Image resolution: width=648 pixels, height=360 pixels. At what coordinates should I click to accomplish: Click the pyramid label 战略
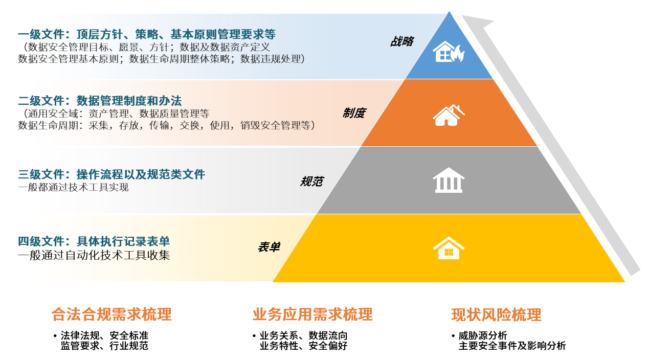tap(402, 41)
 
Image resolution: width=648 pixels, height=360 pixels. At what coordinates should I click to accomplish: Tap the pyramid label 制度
tap(354, 113)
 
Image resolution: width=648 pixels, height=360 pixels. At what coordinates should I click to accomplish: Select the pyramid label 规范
tap(311, 182)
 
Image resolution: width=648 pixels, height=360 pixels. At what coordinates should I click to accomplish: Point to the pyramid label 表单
tap(269, 247)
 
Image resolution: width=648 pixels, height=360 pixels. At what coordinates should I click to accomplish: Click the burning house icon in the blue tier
tap(449, 52)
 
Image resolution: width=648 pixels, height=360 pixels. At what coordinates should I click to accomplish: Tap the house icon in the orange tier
tap(449, 115)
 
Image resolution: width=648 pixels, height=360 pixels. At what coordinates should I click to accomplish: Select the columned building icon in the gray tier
tap(449, 180)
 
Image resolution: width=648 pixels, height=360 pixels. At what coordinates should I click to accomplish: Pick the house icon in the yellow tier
tap(449, 248)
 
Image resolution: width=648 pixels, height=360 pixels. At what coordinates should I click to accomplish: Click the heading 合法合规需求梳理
tap(111, 314)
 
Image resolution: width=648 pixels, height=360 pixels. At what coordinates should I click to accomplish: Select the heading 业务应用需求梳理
tap(312, 314)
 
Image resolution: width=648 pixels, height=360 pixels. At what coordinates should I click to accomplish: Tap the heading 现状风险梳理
tap(496, 314)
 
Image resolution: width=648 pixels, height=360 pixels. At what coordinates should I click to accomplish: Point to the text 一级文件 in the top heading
tap(41, 34)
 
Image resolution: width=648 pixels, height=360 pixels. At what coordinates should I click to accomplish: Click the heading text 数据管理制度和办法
tap(129, 101)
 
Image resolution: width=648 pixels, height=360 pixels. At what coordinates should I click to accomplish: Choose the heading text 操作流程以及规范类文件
tap(141, 174)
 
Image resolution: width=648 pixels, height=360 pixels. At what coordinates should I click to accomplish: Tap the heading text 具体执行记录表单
tap(123, 241)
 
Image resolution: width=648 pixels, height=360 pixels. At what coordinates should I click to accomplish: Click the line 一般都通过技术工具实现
tap(73, 187)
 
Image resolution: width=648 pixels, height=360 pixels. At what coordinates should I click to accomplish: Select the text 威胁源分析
tap(483, 335)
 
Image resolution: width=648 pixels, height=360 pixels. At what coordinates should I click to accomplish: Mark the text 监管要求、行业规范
tap(104, 346)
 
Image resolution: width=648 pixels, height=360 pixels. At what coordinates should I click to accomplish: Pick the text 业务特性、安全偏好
tap(303, 346)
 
